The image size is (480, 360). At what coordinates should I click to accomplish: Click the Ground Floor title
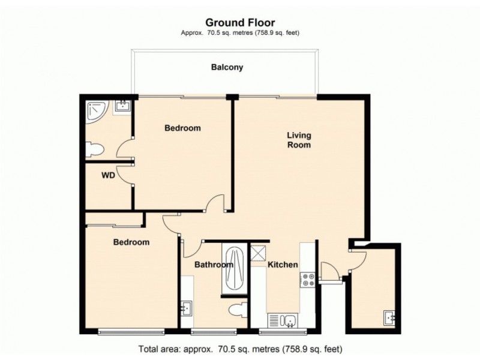[x=240, y=23]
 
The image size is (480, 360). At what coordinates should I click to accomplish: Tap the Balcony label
[x=227, y=68]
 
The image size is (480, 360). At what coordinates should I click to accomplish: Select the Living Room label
[x=298, y=140]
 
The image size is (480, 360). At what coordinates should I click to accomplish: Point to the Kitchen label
[x=283, y=265]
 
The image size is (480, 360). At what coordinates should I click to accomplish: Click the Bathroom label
[x=213, y=265]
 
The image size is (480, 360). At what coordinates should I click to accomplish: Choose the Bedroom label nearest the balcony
[x=182, y=128]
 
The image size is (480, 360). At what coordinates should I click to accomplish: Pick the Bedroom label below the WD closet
[x=131, y=242]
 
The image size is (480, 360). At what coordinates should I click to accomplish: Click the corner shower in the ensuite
[x=96, y=110]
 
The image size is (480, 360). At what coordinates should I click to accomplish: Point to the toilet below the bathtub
[x=238, y=310]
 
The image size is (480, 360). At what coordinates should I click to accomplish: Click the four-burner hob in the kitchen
[x=308, y=279]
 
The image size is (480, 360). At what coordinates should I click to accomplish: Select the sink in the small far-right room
[x=389, y=317]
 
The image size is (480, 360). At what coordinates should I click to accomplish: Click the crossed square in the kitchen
[x=259, y=253]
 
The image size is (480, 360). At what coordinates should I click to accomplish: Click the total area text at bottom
[x=240, y=348]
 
